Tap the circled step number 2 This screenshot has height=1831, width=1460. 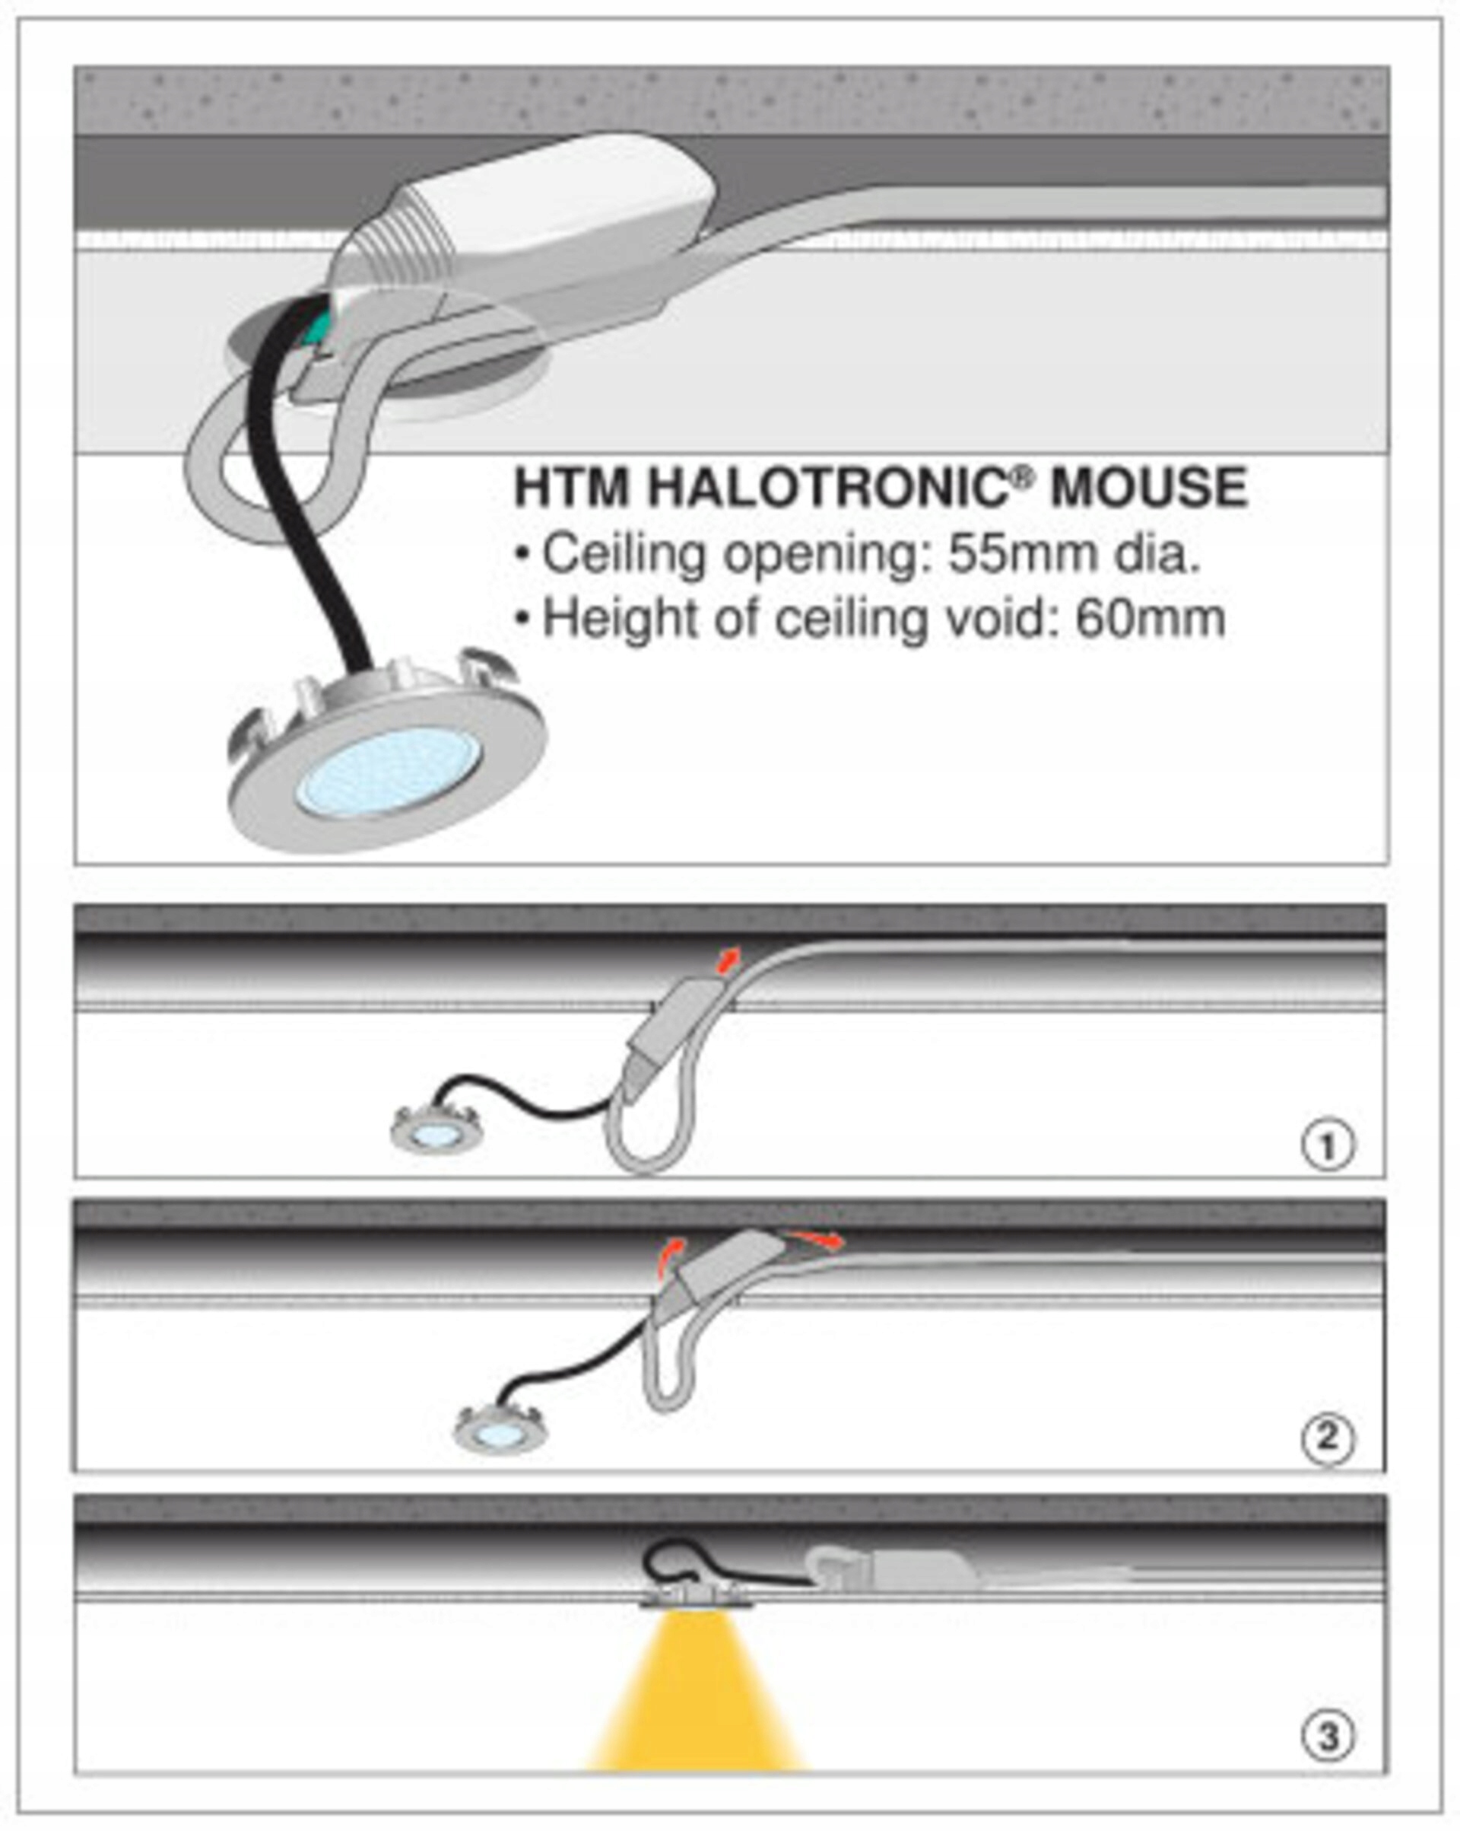pos(1328,1438)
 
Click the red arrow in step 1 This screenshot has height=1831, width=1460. pos(728,958)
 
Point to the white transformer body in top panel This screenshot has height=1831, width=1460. pos(543,212)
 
